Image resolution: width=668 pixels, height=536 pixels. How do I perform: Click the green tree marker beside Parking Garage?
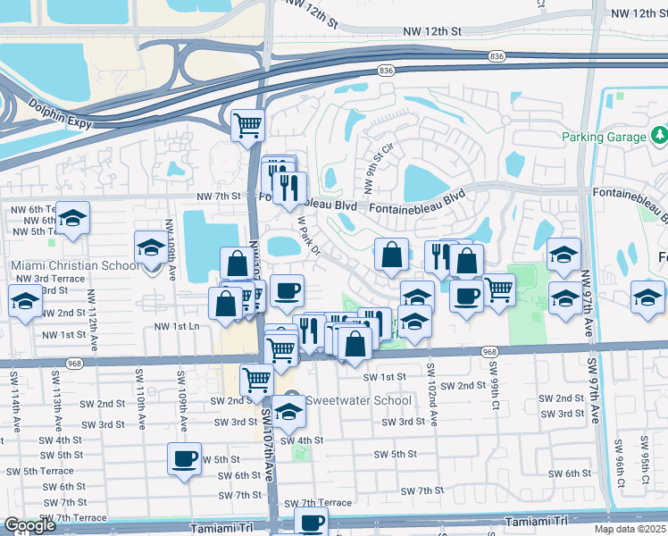tap(659, 136)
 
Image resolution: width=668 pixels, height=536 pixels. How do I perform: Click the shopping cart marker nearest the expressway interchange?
tap(247, 125)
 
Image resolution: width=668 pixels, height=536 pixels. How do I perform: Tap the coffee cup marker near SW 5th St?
tap(185, 459)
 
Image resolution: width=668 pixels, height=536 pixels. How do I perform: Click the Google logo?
tap(29, 525)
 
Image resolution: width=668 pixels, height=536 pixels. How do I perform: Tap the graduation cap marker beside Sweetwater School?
tap(288, 413)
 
